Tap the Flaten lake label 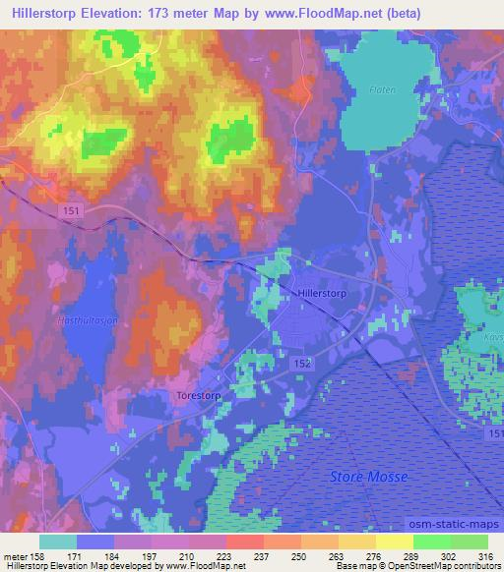click(383, 89)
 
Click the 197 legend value click(149, 557)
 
